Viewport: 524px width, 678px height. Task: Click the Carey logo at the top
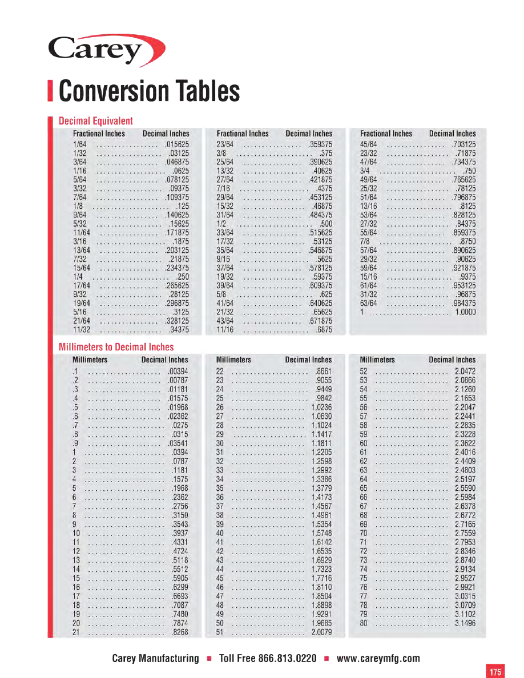point(107,50)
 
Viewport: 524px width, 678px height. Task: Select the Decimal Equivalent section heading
point(96,121)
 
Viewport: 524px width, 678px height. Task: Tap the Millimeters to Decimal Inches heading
point(116,347)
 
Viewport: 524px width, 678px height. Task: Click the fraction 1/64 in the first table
point(80,144)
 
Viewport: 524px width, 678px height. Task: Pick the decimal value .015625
point(177,144)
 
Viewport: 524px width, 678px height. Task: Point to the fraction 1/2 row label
point(221,224)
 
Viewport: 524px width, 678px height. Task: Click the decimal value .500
point(326,224)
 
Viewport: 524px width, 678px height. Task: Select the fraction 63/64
point(369,303)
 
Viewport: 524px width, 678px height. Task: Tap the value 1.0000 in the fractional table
point(465,312)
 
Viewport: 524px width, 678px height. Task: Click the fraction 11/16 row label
point(225,330)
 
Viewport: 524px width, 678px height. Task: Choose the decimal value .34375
point(179,330)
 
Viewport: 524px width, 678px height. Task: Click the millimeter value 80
point(364,623)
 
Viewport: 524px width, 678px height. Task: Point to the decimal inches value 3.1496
point(465,623)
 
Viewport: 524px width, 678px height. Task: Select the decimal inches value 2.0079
point(321,632)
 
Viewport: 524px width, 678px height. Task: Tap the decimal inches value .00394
point(178,372)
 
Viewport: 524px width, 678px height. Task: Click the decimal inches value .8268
point(180,632)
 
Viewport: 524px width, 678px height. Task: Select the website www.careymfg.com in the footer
point(378,658)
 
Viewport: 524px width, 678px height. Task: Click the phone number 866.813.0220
point(287,658)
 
